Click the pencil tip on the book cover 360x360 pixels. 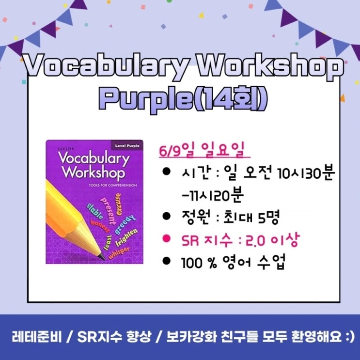pos(101,255)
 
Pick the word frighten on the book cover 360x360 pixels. pos(127,237)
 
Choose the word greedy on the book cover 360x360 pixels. pos(124,219)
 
